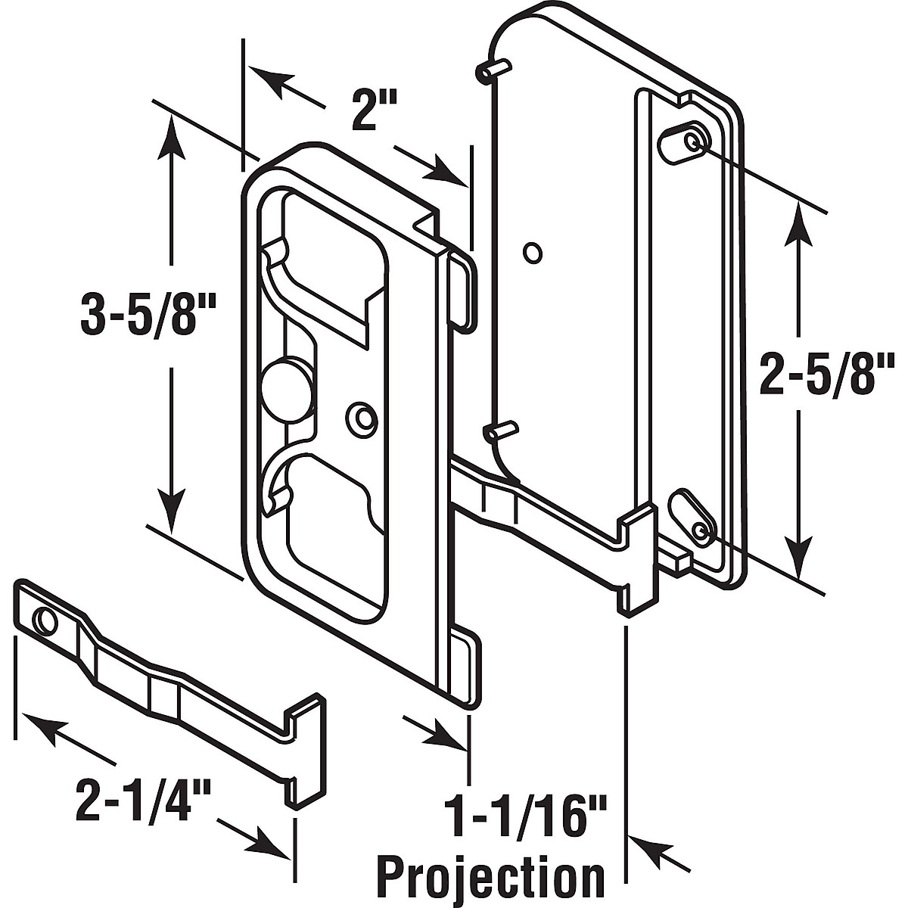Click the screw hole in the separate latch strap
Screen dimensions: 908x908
(x=44, y=622)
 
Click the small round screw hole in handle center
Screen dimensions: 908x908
(x=362, y=417)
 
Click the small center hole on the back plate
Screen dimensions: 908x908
(x=533, y=252)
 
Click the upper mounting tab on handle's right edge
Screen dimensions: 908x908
(x=463, y=291)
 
